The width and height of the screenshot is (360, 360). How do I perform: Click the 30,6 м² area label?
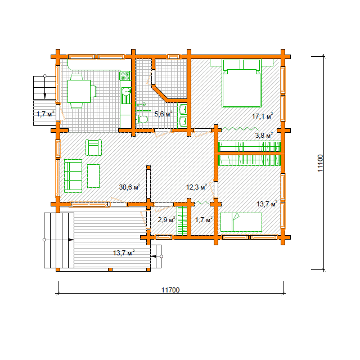[129, 187]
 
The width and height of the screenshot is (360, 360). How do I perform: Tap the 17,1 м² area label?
[262, 116]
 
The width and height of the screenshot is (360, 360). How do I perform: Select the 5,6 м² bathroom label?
[163, 114]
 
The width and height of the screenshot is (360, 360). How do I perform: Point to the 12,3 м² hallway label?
[196, 187]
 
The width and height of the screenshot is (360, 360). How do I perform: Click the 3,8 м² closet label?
[264, 135]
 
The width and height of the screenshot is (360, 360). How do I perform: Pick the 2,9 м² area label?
[166, 220]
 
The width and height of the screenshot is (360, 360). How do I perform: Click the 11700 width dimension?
[170, 290]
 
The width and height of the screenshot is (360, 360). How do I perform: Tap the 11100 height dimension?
[320, 163]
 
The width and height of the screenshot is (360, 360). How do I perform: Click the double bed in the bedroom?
[241, 83]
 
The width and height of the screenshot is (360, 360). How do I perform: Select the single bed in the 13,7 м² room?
[241, 222]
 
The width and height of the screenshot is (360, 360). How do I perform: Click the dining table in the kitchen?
[79, 91]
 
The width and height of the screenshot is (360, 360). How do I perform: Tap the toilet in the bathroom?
[141, 119]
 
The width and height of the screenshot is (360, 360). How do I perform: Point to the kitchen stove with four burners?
[125, 76]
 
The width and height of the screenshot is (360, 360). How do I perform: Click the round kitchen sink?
[126, 92]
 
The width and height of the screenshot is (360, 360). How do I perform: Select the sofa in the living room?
[73, 176]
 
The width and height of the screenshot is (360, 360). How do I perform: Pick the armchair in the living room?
[94, 147]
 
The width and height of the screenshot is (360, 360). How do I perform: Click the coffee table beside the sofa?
[93, 176]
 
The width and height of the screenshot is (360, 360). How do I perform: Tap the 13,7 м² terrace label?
[124, 253]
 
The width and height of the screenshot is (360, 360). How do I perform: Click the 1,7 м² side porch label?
[46, 114]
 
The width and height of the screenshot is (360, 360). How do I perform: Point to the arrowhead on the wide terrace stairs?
[71, 240]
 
